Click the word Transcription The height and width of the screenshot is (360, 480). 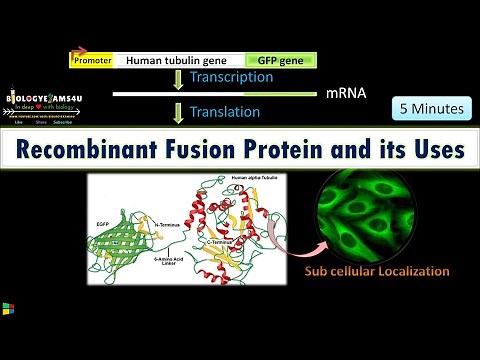coord(231,77)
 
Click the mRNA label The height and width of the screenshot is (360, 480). coord(345,94)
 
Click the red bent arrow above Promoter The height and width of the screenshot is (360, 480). coord(78,49)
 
